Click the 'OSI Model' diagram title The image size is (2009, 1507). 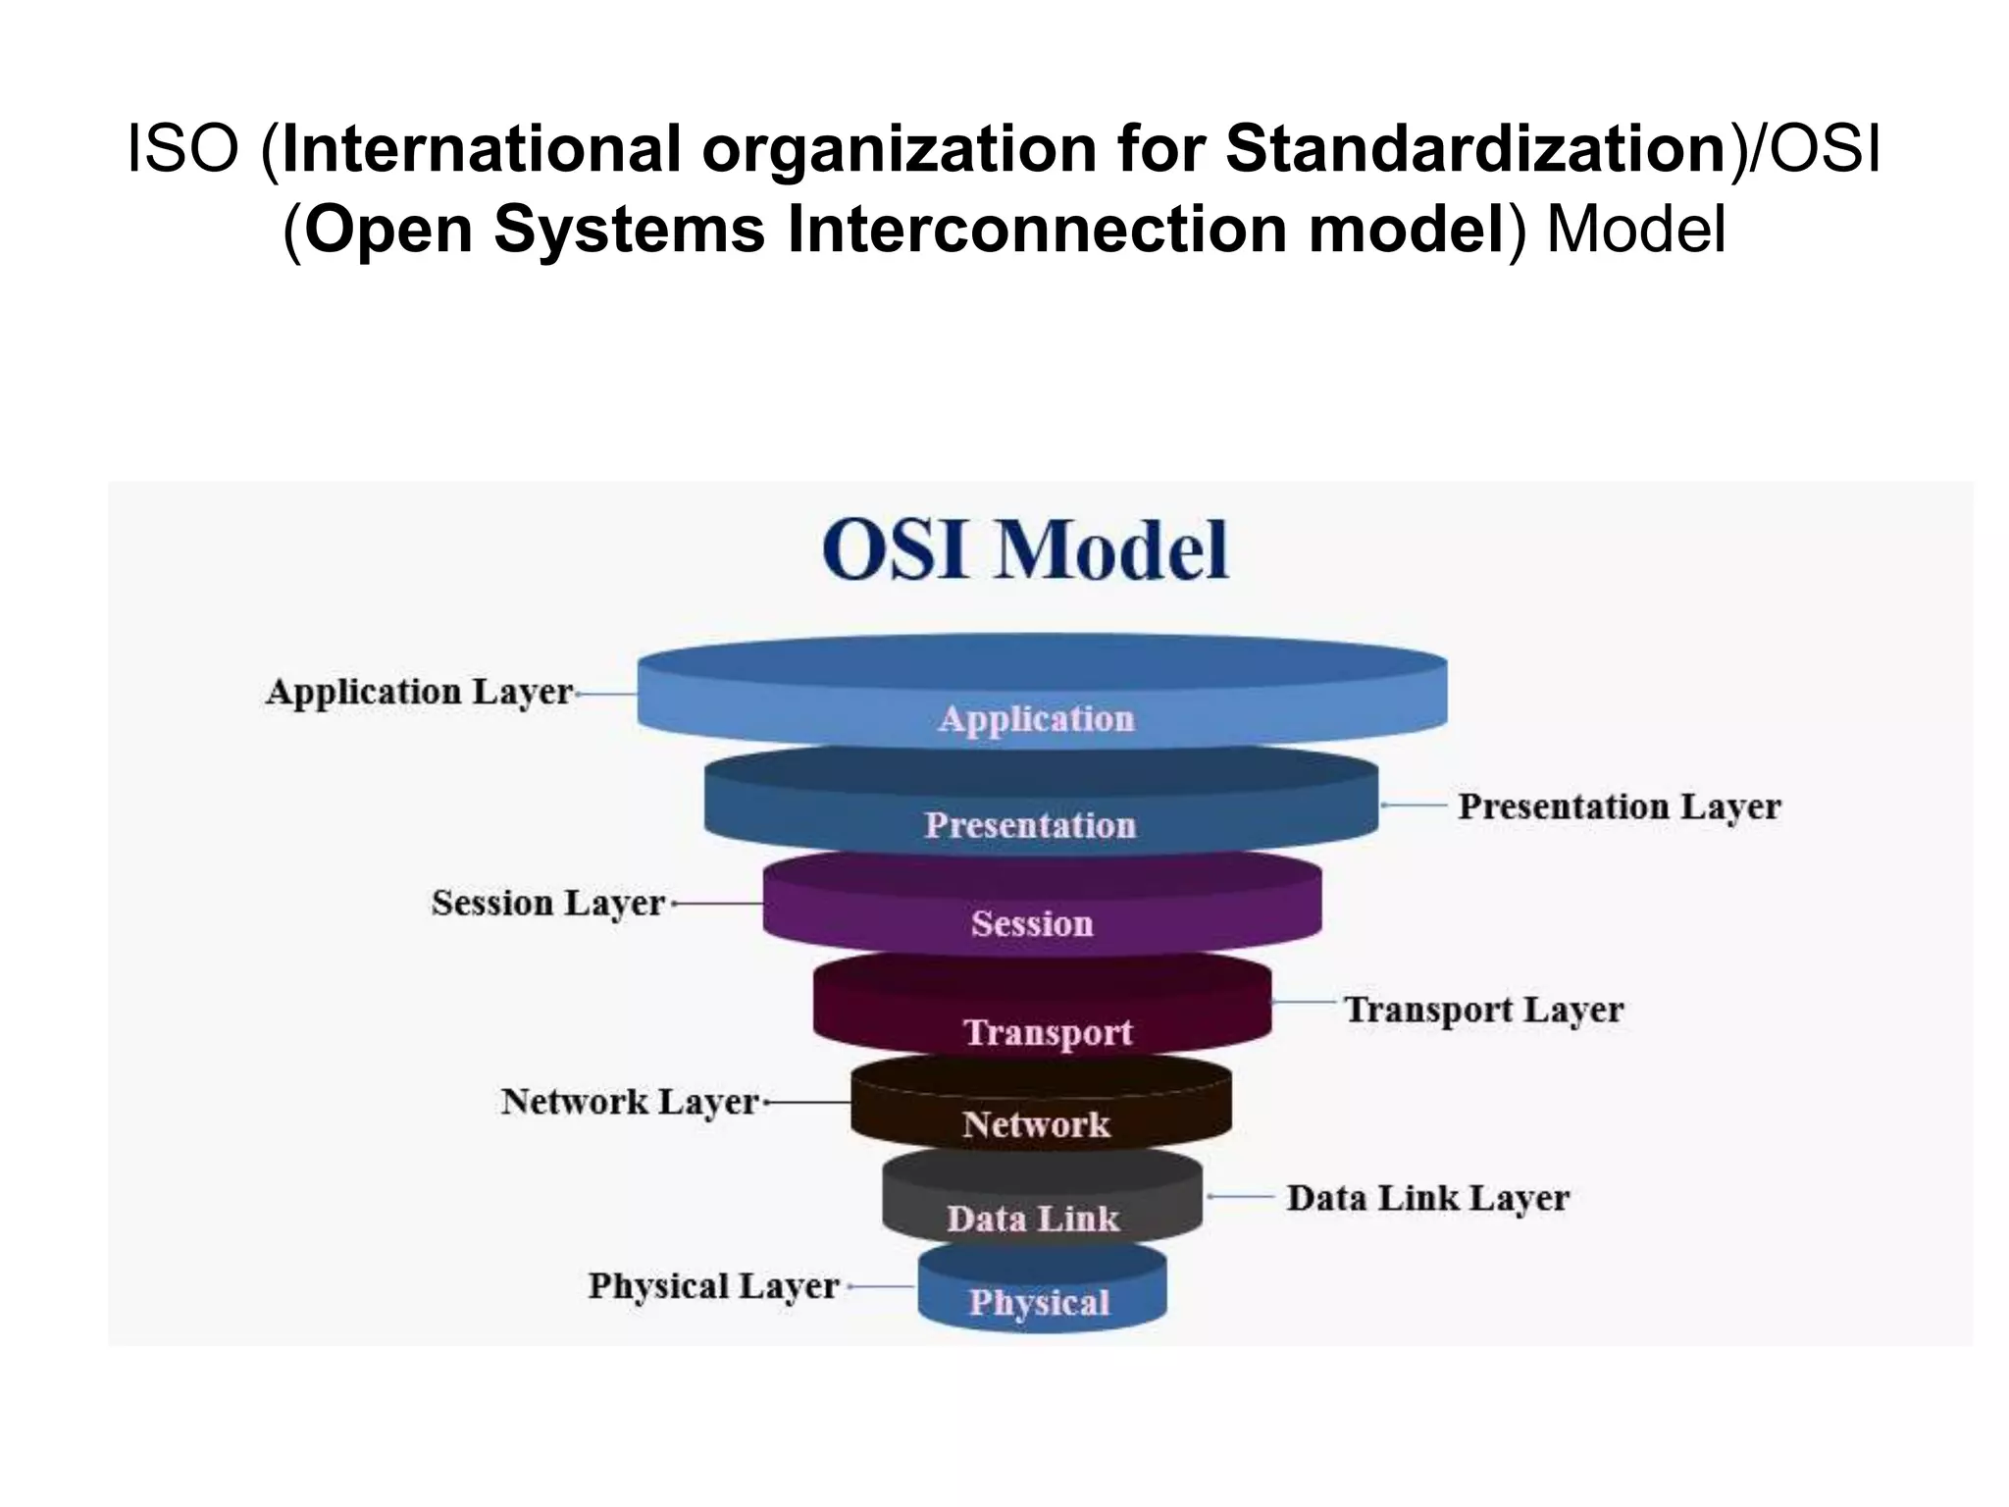pos(1025,549)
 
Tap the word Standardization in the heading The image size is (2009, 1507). pos(1476,149)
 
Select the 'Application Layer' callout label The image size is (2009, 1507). pos(419,693)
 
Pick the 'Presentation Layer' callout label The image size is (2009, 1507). pos(1619,806)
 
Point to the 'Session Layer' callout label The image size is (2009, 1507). pos(548,904)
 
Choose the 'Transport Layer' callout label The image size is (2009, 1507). pos(1483,1010)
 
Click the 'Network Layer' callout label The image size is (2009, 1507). pos(630,1102)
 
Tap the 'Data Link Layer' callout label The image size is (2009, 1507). pos(1427,1198)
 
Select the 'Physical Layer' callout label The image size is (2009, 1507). pos(713,1286)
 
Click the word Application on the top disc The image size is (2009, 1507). pos(1036,719)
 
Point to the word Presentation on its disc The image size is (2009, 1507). pos(1030,825)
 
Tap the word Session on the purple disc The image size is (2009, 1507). pos(1032,923)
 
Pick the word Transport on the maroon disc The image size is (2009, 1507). pos(1048,1032)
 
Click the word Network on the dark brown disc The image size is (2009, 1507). pos(1036,1124)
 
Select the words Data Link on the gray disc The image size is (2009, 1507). pos(1033,1219)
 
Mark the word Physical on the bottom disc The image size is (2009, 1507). pos(1040,1303)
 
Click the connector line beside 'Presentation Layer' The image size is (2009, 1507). pos(1414,805)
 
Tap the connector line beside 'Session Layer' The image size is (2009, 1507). pos(718,903)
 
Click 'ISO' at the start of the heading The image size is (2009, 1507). pos(183,149)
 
